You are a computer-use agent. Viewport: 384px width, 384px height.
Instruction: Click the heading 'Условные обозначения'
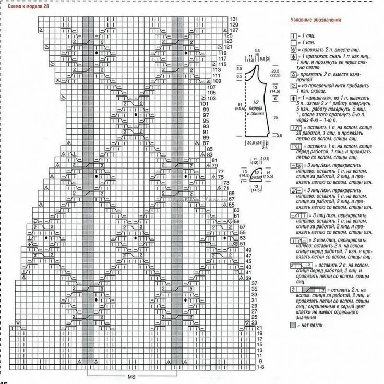click(316, 20)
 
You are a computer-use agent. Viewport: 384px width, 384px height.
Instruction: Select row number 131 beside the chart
click(233, 19)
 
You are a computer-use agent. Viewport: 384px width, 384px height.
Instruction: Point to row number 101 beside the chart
click(204, 104)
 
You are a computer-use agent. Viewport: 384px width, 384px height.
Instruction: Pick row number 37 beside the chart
click(255, 283)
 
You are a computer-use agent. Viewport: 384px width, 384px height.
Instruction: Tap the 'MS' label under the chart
click(130, 376)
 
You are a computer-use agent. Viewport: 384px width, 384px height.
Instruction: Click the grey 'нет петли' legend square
click(292, 325)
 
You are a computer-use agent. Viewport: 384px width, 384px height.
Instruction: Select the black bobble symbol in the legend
click(292, 99)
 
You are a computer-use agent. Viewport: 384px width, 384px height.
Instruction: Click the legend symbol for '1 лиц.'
click(292, 34)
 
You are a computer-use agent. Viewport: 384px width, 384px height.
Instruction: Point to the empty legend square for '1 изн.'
click(292, 41)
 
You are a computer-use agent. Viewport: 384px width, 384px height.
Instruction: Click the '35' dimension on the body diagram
click(274, 119)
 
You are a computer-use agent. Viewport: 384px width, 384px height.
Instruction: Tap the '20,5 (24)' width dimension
click(256, 143)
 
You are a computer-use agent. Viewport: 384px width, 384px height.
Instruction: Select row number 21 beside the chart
click(259, 328)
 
